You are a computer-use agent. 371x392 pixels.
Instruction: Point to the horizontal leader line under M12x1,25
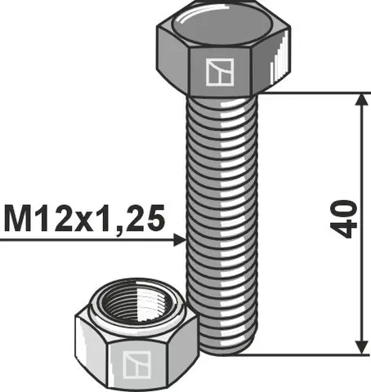[82, 240]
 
